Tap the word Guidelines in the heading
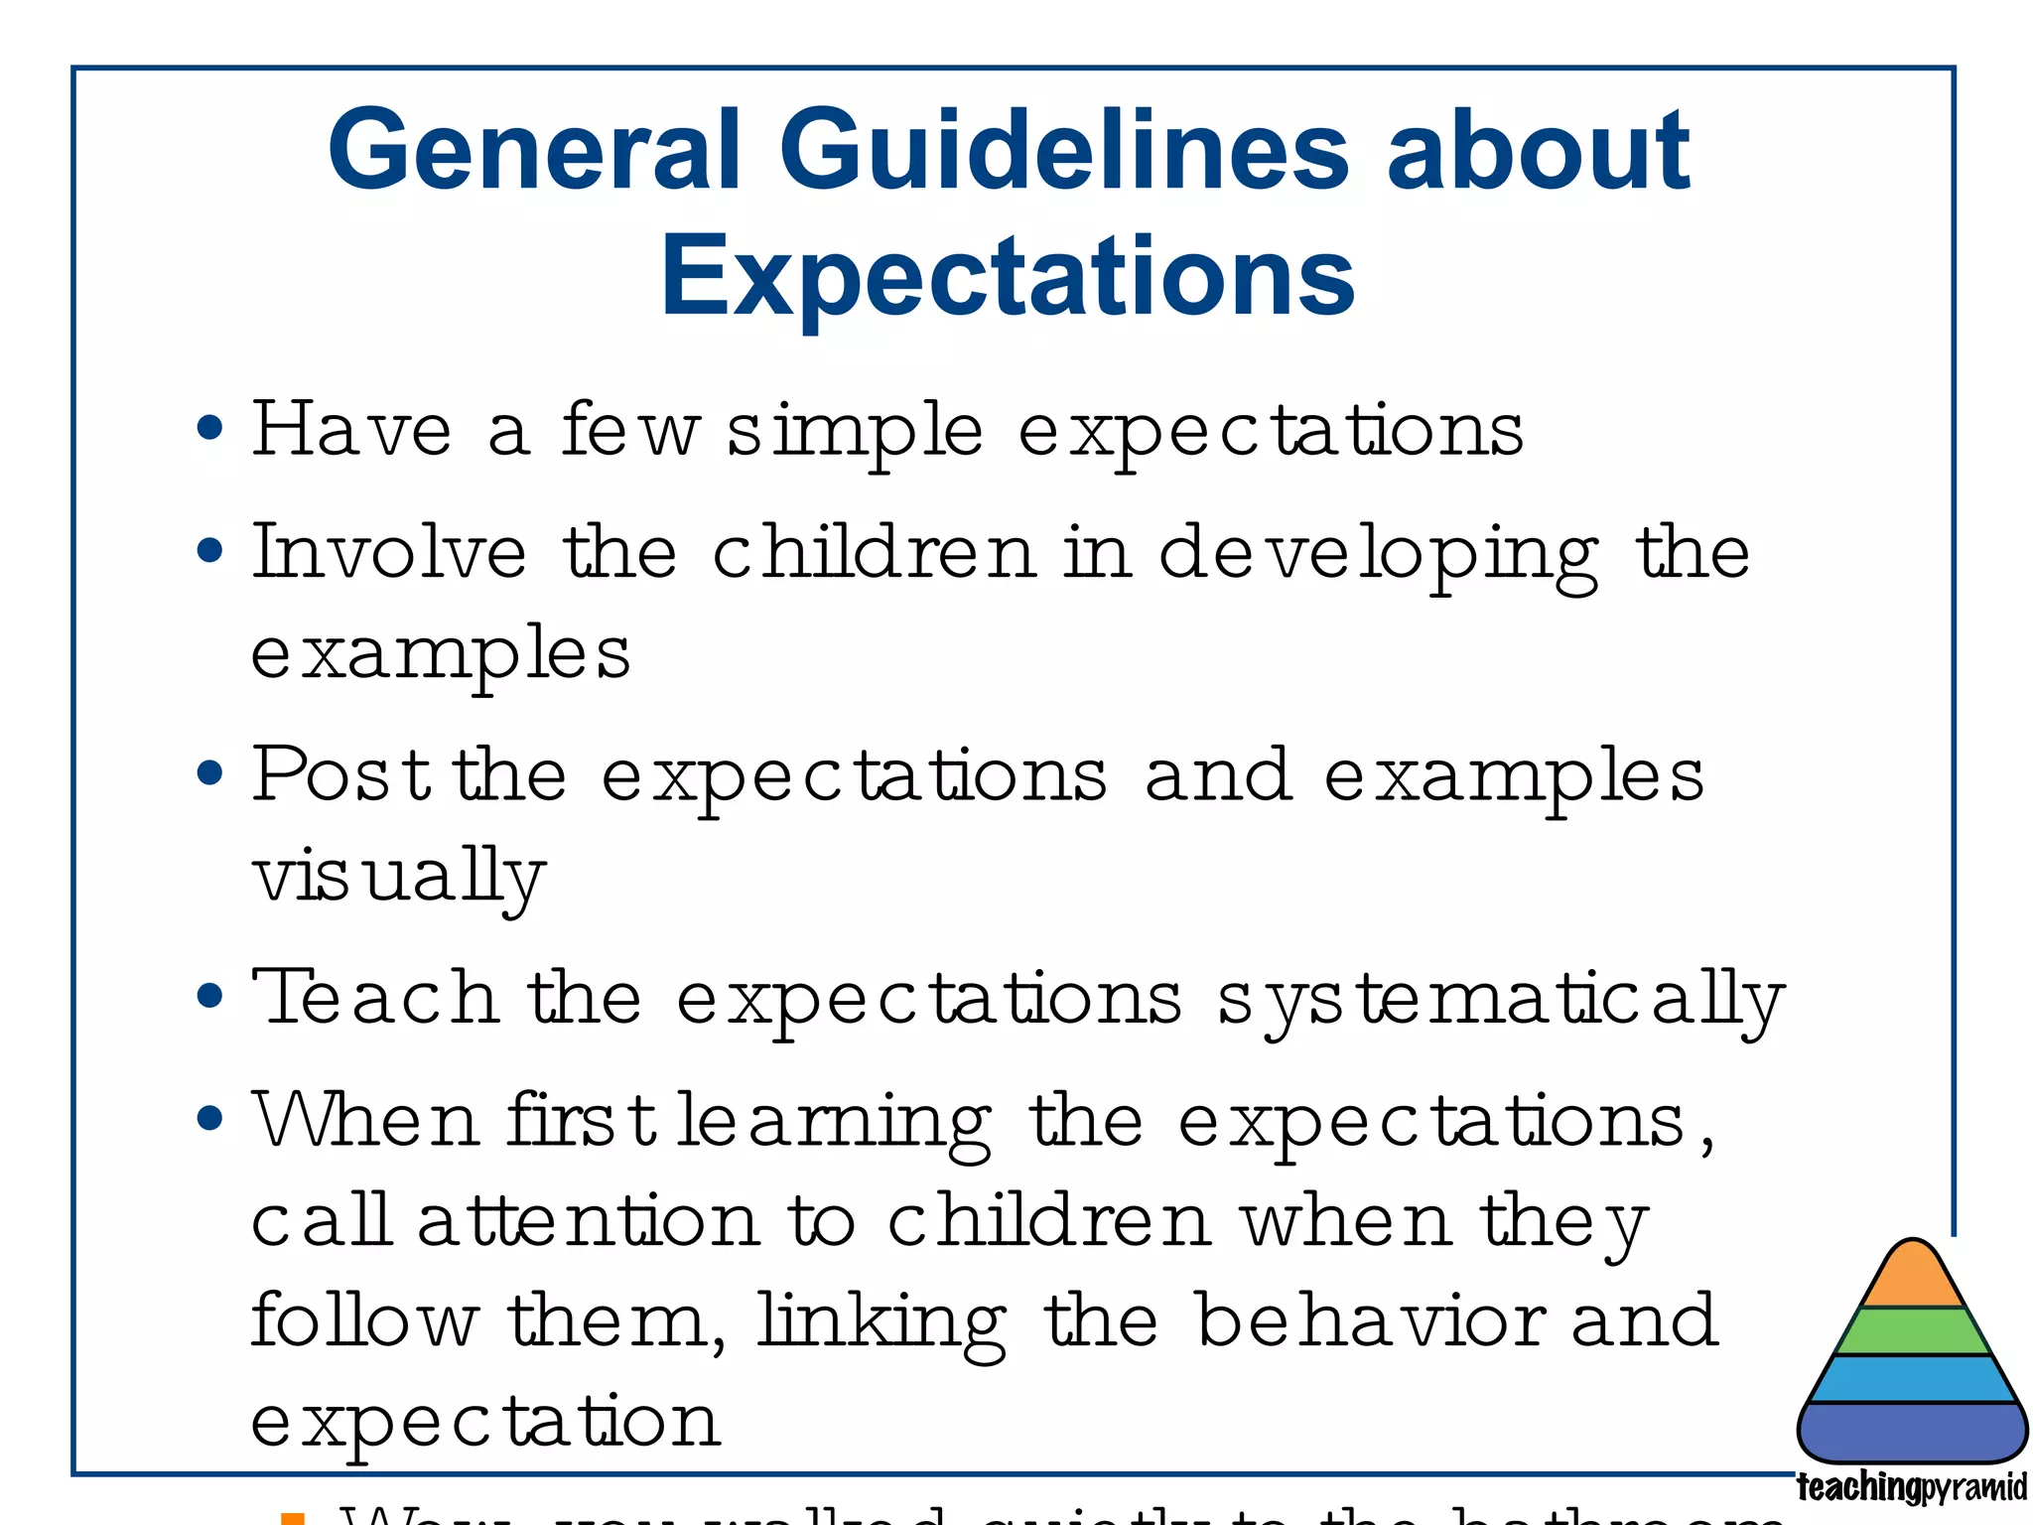click(x=1063, y=151)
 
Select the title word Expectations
click(x=1008, y=276)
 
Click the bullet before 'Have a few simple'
click(x=209, y=429)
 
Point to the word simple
click(x=855, y=433)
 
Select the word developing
click(x=1378, y=556)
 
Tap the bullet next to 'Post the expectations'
click(x=209, y=773)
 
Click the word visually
click(x=398, y=878)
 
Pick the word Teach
click(x=374, y=997)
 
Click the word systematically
click(x=1500, y=1001)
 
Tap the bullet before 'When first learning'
click(x=209, y=1119)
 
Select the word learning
click(x=834, y=1123)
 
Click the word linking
click(x=881, y=1324)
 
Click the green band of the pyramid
click(x=1912, y=1331)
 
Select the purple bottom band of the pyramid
click(x=1912, y=1431)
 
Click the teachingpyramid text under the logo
click(x=1911, y=1487)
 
